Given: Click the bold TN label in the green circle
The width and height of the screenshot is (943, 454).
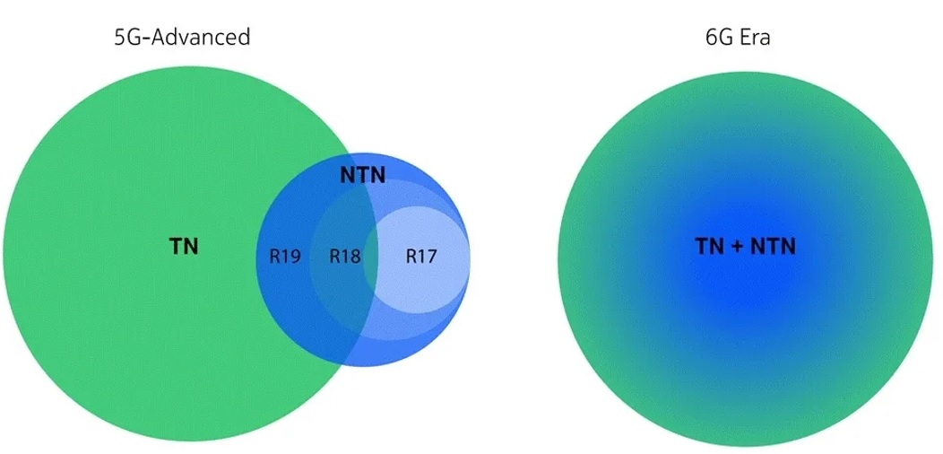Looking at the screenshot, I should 184,247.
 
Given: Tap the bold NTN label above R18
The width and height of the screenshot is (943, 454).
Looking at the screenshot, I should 362,175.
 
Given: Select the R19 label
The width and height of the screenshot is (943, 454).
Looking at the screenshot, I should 285,257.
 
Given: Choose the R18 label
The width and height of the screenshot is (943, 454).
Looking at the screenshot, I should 344,257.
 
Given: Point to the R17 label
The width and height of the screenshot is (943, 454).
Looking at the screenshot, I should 420,257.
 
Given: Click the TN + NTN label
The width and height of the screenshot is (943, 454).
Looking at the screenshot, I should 745,247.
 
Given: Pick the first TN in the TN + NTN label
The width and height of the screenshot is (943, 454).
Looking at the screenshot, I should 711,247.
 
